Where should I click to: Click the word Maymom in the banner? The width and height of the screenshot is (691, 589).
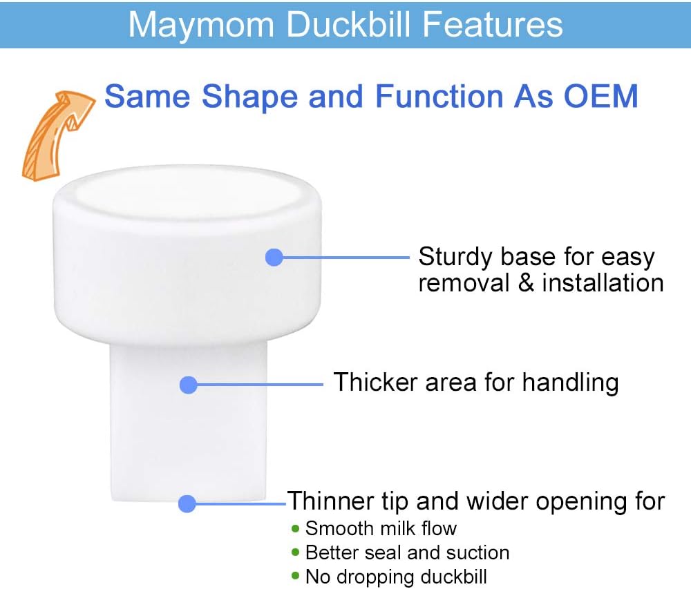pos(201,26)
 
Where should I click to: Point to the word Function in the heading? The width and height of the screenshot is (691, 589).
pos(439,96)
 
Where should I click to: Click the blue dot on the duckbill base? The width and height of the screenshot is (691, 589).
pos(274,258)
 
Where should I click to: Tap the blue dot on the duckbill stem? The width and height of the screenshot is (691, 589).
pos(188,385)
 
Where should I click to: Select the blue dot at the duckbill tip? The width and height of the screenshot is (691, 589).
pos(187,503)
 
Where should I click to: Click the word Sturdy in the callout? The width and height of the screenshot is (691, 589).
pos(455,258)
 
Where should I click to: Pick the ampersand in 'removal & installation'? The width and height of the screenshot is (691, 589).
pos(526,283)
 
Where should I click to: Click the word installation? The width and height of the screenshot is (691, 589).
pos(603,283)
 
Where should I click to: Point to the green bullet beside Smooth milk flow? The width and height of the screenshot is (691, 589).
pos(295,528)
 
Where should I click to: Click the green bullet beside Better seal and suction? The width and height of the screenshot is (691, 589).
pos(295,552)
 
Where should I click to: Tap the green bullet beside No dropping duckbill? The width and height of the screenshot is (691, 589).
pos(295,576)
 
